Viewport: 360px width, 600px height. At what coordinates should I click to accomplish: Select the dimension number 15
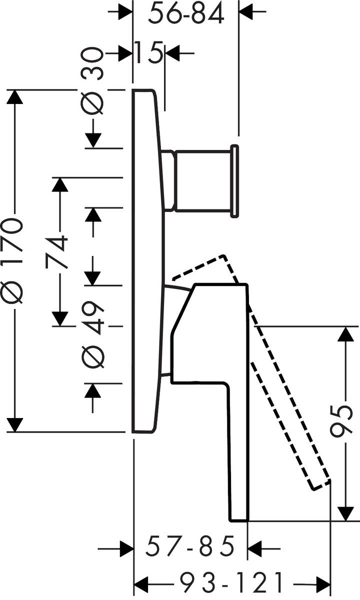pyautogui.click(x=148, y=52)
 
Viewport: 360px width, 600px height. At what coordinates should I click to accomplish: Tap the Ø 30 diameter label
pyautogui.click(x=92, y=81)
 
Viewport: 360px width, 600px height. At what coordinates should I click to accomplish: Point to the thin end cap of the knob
pyautogui.click(x=234, y=181)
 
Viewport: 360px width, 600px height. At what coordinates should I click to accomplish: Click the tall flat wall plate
pyautogui.click(x=148, y=260)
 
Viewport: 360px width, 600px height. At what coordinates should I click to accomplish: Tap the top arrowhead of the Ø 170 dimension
pyautogui.click(x=14, y=97)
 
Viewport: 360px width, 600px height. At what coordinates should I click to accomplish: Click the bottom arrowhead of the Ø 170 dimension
pyautogui.click(x=14, y=424)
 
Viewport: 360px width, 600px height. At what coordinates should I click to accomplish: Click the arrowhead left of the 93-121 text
pyautogui.click(x=141, y=582)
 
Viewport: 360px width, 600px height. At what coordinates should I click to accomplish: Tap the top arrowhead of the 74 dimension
pyautogui.click(x=59, y=184)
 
